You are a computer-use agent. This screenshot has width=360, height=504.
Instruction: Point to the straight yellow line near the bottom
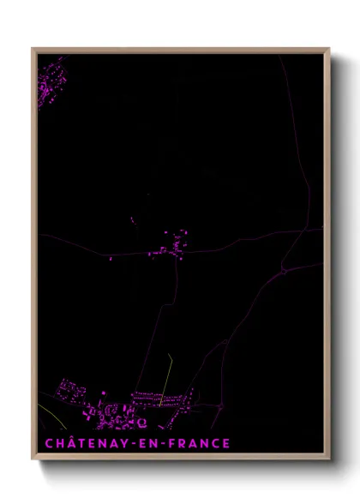coord(165,380)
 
